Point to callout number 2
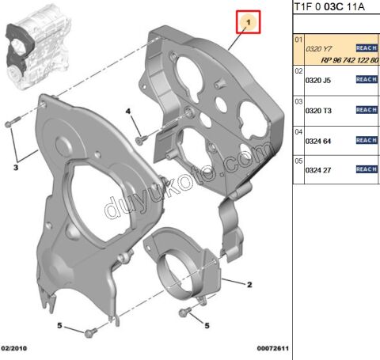249,284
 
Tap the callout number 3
15,167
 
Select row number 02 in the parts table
298,71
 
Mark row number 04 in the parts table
298,131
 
